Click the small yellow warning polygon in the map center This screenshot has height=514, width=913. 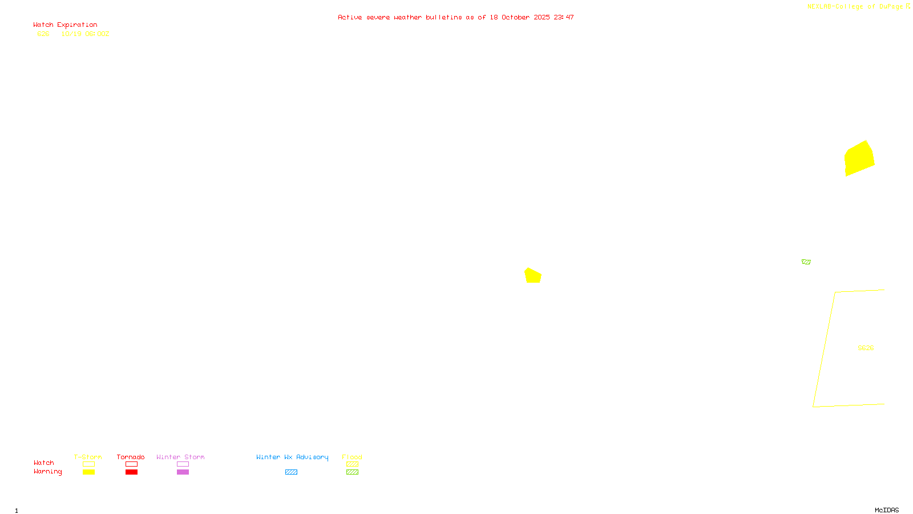[x=533, y=276]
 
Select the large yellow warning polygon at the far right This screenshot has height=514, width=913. [x=859, y=158]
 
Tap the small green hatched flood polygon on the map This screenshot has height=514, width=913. [x=806, y=262]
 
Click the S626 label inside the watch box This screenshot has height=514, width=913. [x=866, y=348]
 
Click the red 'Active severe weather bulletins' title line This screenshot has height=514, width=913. [x=455, y=17]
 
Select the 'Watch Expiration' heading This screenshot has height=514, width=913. [x=65, y=25]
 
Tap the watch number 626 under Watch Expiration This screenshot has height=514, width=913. [x=43, y=34]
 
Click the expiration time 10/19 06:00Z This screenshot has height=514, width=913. [x=85, y=34]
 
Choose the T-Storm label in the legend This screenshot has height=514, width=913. [x=88, y=457]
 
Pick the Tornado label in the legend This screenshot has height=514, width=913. [x=131, y=457]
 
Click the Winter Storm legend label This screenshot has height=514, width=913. [x=180, y=457]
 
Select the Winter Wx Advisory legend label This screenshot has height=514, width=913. [x=292, y=457]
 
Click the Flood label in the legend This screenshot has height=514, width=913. [x=352, y=457]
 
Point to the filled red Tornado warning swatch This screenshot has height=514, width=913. [x=132, y=472]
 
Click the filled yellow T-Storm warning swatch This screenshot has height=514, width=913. [x=88, y=472]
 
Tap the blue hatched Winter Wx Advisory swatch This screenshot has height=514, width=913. [x=291, y=472]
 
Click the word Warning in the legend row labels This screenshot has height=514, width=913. [x=48, y=472]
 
